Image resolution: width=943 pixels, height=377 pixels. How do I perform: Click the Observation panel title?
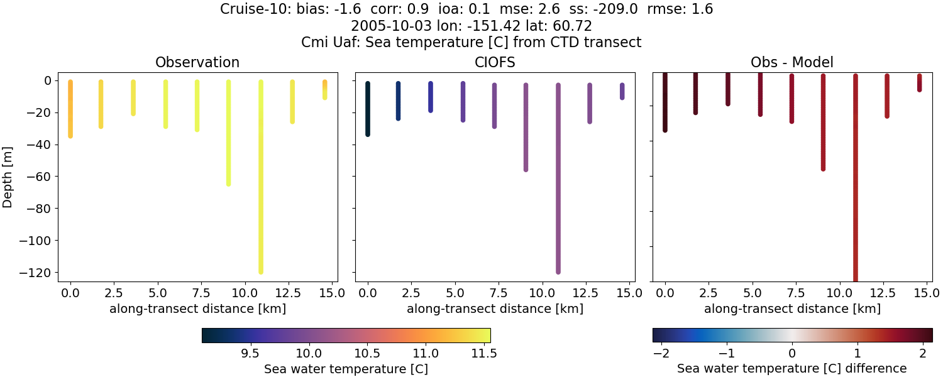(x=197, y=62)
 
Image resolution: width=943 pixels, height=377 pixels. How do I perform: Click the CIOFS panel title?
(x=495, y=62)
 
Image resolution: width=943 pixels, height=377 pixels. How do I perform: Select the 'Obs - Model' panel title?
(x=792, y=62)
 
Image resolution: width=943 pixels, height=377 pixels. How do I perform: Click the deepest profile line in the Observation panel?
(x=261, y=188)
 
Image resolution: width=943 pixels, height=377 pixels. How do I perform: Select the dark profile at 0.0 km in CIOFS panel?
(x=368, y=110)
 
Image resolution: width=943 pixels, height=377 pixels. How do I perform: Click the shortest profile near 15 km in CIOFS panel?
(x=622, y=91)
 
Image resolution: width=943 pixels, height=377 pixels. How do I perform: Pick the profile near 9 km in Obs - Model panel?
(x=823, y=126)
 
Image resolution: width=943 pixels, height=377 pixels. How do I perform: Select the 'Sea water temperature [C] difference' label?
(x=792, y=368)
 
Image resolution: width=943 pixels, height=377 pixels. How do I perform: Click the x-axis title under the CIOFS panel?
(x=495, y=309)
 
